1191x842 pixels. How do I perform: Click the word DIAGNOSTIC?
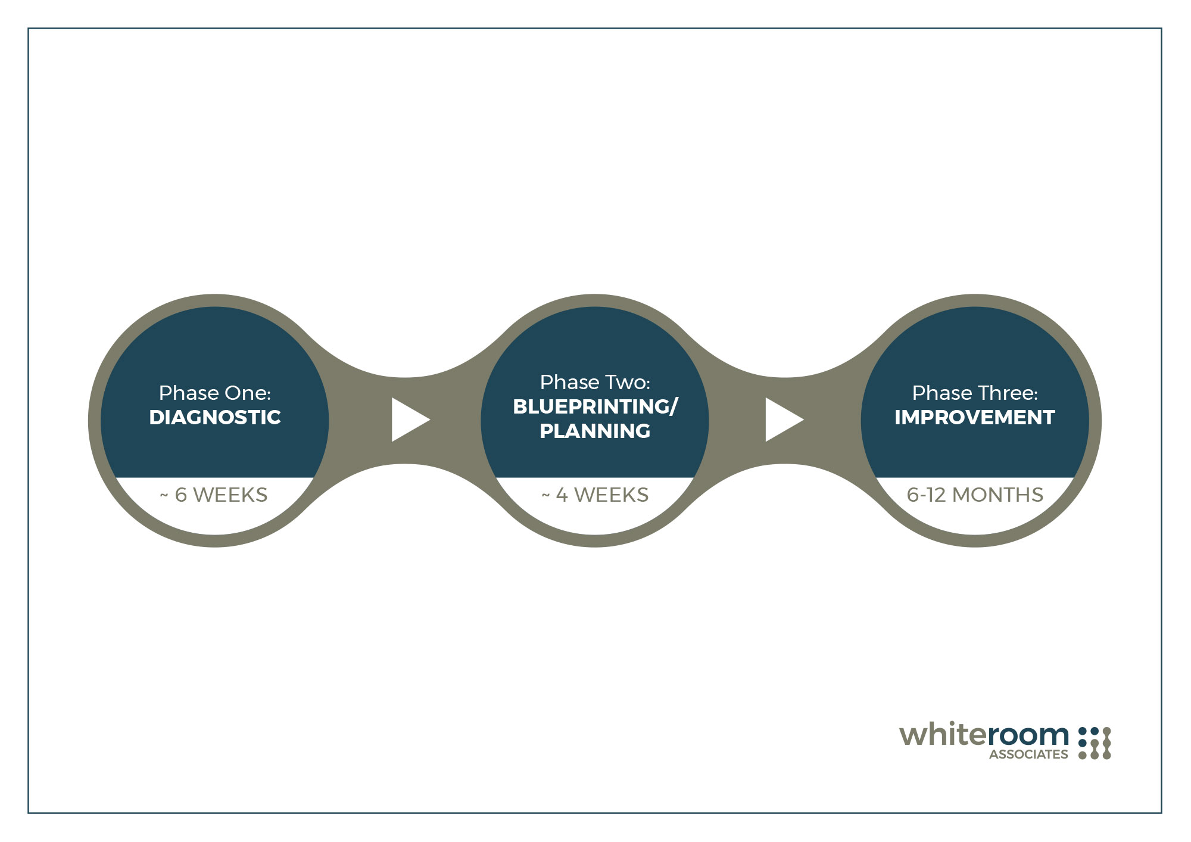215,417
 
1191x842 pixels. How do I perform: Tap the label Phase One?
215,393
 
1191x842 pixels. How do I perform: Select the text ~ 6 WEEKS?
214,495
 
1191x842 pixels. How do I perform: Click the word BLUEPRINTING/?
595,406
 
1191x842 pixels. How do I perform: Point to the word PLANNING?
595,431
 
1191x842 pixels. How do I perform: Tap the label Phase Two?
595,382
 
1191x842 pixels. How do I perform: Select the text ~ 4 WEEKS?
595,495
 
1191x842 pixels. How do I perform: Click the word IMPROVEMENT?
975,417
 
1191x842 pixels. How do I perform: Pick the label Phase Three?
975,393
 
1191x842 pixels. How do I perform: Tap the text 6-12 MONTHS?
975,495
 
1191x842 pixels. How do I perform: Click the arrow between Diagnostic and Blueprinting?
410,420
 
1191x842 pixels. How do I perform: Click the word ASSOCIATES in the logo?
1028,754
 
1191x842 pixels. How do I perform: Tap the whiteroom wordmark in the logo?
984,735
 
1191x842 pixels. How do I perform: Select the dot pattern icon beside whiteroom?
1095,743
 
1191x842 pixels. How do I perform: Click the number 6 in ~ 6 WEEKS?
181,495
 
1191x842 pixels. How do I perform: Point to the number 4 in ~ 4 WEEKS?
562,495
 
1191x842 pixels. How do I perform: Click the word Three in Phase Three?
1006,393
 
